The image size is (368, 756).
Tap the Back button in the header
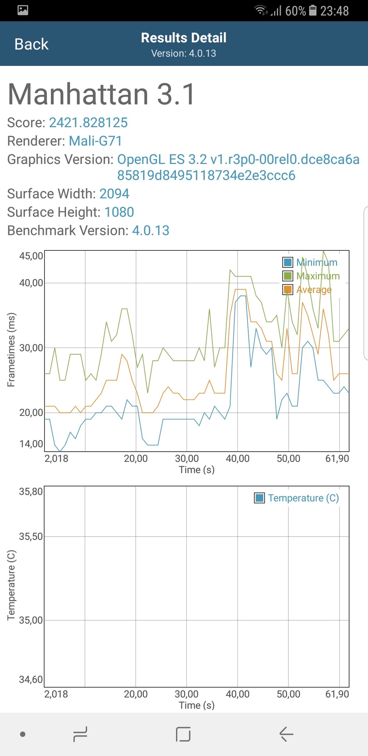[x=31, y=44]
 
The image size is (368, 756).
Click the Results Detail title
[x=184, y=38]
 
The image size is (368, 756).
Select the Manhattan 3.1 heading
[x=101, y=94]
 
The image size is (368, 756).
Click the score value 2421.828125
[x=88, y=122]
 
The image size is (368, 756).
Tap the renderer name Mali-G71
[x=95, y=141]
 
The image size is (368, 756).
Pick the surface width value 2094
[x=114, y=194]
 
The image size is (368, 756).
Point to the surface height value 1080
[x=119, y=212]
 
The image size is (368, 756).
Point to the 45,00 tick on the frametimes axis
[x=31, y=256]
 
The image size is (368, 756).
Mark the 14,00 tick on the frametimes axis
[x=31, y=444]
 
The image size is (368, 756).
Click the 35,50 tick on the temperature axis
[x=31, y=536]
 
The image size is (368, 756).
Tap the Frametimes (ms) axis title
[x=11, y=350]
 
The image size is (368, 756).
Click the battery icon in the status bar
[x=312, y=10]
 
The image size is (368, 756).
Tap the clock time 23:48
[x=334, y=11]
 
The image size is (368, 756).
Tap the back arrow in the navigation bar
[x=286, y=734]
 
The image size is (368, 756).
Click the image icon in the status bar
[x=23, y=10]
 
